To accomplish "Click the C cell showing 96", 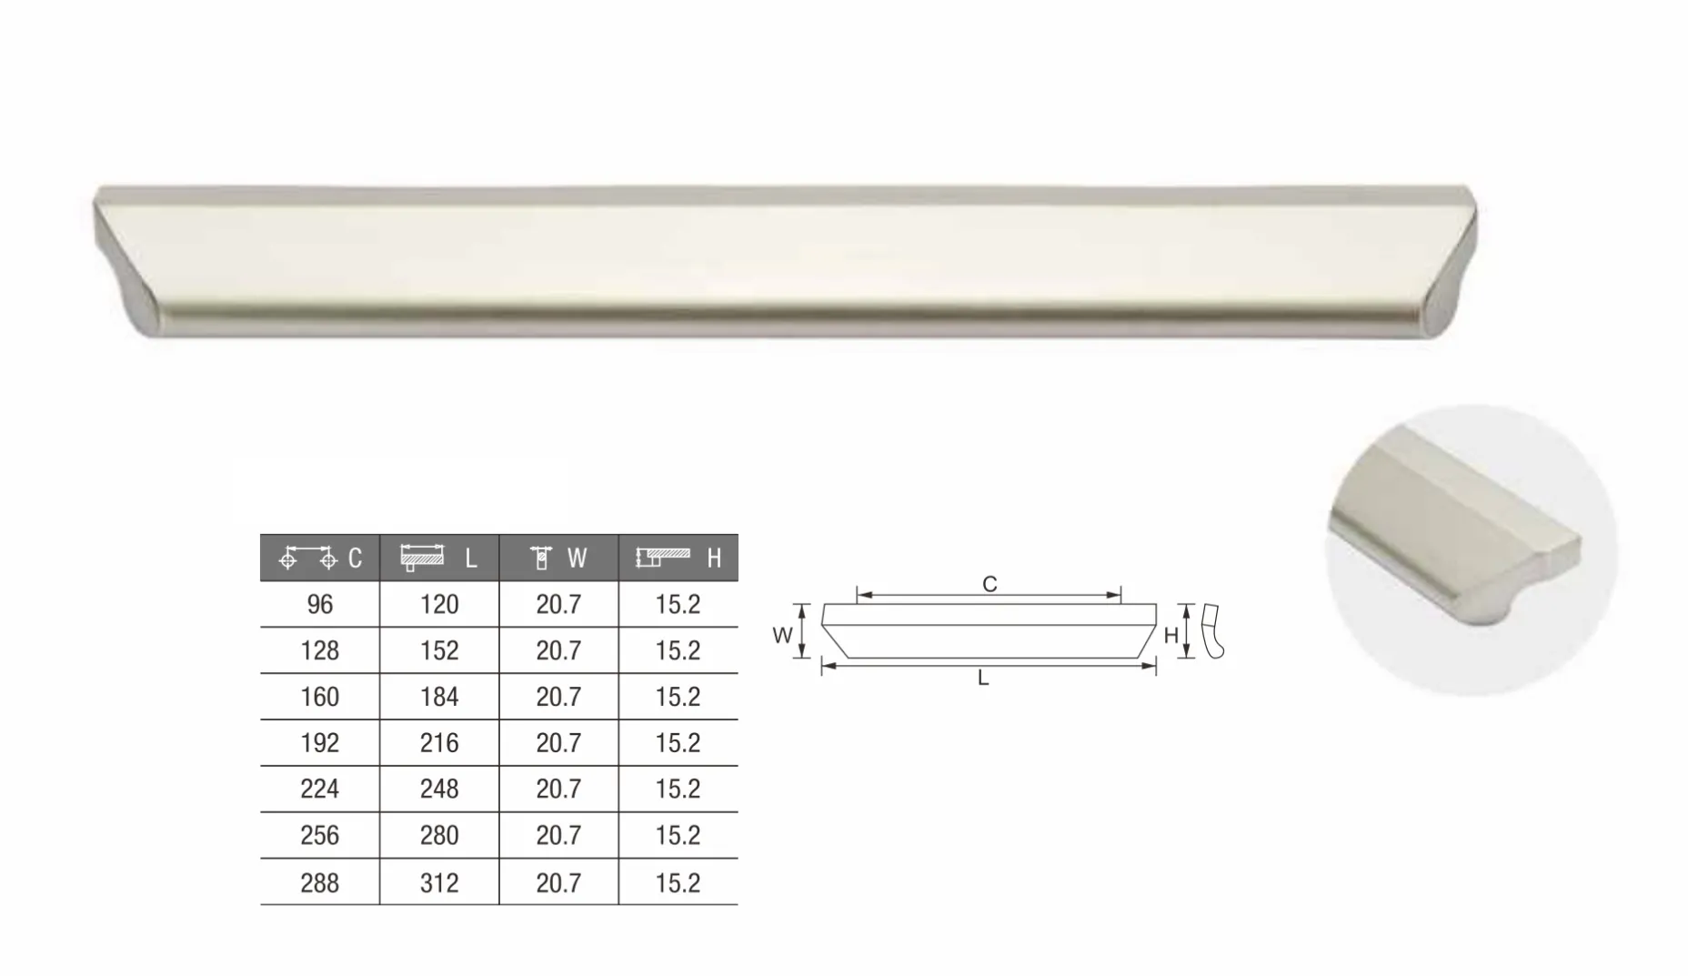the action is [x=320, y=605].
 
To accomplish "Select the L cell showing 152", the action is [x=439, y=651].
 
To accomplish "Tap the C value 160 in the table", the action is [x=320, y=698].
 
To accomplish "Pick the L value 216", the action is [x=439, y=743].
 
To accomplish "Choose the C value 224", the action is [x=320, y=789].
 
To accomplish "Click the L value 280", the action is [x=439, y=835].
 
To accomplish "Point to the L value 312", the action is [x=439, y=883].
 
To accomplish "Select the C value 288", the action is [x=320, y=883].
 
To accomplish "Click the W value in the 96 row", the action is [x=558, y=605].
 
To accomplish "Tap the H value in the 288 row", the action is [x=678, y=883].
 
